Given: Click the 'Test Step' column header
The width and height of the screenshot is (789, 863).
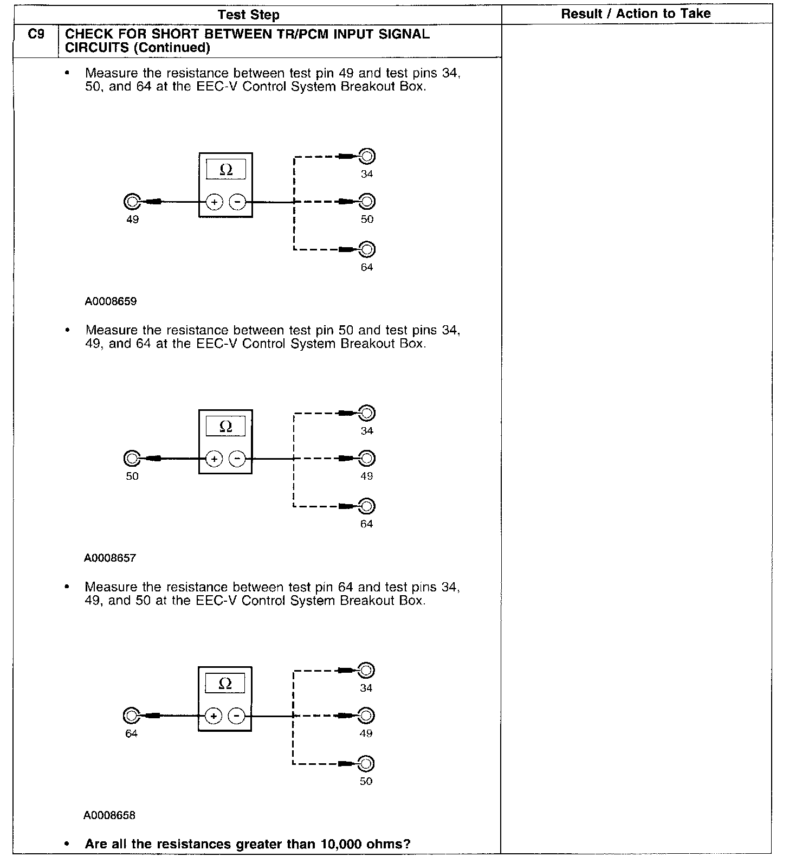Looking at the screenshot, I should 249,15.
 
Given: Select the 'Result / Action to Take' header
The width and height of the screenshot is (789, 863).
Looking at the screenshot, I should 636,14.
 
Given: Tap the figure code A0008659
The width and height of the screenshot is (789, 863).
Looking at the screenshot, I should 111,301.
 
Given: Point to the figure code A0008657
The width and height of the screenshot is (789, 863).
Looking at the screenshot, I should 110,558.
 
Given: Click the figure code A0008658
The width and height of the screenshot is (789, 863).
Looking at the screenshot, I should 109,815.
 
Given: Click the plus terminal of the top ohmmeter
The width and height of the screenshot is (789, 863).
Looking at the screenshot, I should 215,202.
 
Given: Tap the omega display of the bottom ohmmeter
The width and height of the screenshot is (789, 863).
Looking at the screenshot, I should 225,684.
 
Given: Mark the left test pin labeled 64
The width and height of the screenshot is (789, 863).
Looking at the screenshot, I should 131,716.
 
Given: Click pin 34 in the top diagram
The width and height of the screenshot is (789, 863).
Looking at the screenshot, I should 367,157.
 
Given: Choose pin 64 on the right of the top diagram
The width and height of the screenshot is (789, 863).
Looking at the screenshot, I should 367,250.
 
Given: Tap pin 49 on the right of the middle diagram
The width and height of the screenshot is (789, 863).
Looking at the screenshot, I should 367,459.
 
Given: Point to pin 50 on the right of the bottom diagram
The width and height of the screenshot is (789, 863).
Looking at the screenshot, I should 366,764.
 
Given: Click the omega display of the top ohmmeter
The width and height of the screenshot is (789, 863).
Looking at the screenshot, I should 226,170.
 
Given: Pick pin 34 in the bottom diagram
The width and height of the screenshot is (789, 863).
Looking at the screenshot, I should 366,671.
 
